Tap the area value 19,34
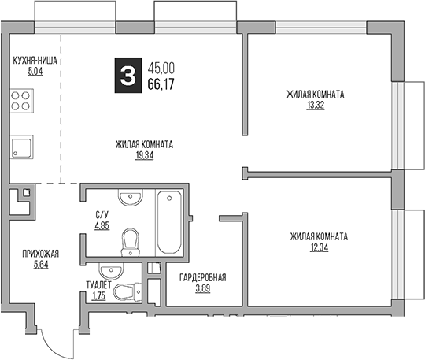[x=144, y=155]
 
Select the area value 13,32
[x=316, y=104]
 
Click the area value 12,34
[x=318, y=247]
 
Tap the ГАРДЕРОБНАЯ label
[x=202, y=277]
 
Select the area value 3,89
[x=202, y=288]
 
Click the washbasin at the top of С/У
[x=129, y=197]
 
